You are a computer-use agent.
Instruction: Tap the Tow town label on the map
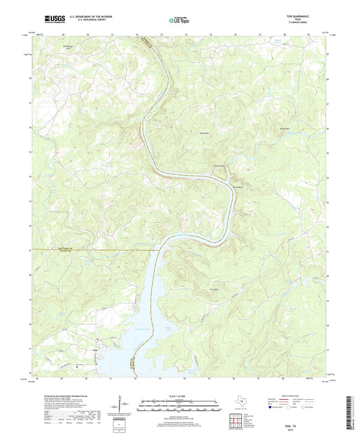tap(96, 351)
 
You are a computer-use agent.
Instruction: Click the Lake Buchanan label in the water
tap(140, 328)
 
